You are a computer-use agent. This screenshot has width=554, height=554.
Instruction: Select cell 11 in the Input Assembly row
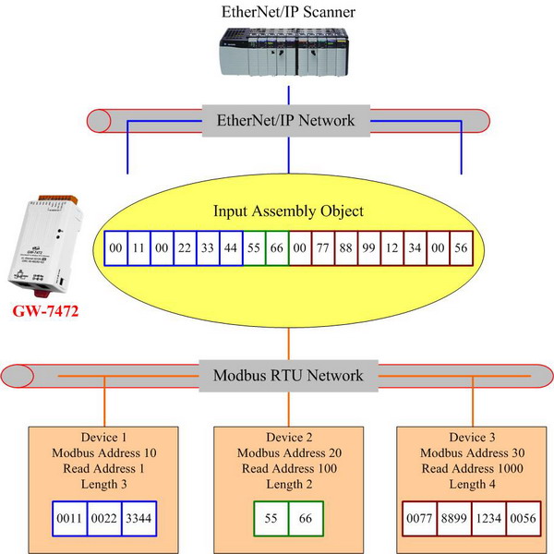coord(138,247)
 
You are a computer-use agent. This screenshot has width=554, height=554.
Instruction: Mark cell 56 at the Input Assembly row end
coord(462,247)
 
